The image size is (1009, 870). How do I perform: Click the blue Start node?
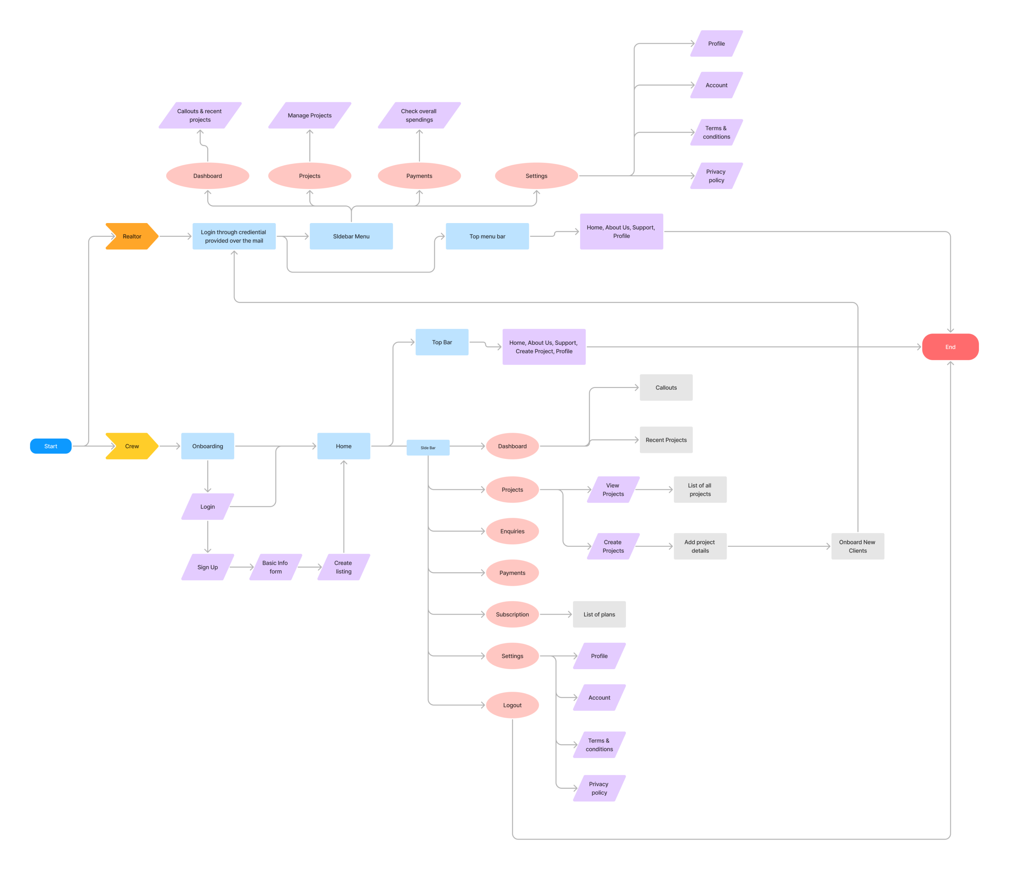click(51, 446)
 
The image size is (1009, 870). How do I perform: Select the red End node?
click(950, 347)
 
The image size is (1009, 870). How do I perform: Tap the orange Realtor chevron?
click(131, 236)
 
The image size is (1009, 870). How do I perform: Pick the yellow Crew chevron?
click(131, 446)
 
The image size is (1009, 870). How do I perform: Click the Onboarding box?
click(208, 446)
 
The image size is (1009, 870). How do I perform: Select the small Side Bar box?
click(428, 448)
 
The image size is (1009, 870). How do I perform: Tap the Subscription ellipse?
click(512, 614)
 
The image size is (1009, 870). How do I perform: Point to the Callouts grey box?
click(666, 388)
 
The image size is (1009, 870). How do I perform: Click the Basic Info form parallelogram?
click(276, 567)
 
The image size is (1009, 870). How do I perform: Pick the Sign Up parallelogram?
click(208, 567)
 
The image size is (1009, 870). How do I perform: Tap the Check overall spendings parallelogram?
click(419, 115)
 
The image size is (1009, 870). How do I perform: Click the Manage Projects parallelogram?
click(310, 115)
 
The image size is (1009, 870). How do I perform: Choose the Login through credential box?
click(234, 236)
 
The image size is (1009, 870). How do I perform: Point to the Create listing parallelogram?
click(343, 567)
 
